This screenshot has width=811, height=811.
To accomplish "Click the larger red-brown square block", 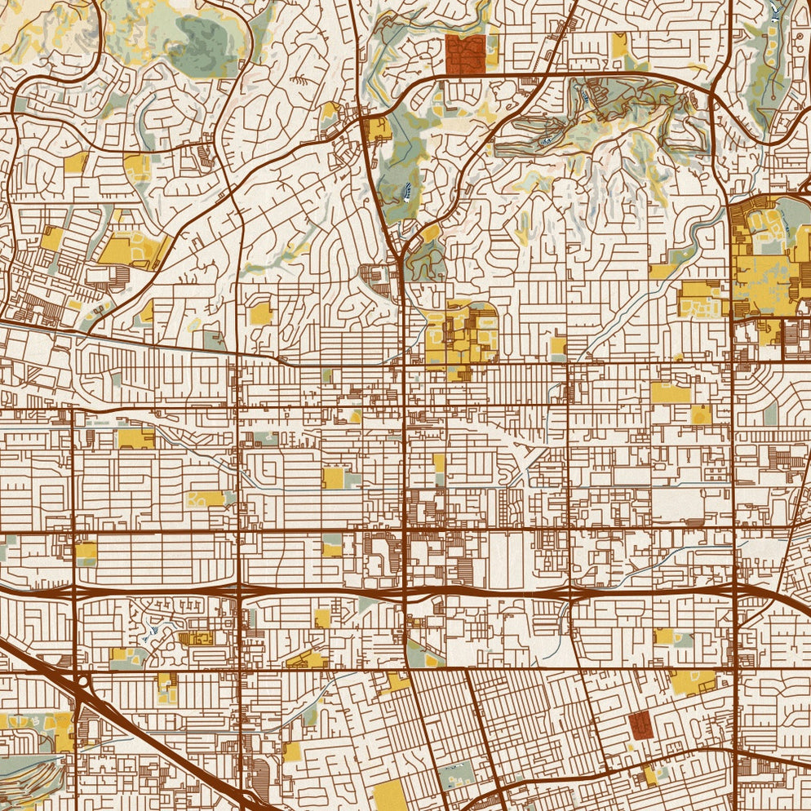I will [x=466, y=54].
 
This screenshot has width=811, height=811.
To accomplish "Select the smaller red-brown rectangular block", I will [x=639, y=725].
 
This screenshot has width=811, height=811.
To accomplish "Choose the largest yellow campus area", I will [x=763, y=261].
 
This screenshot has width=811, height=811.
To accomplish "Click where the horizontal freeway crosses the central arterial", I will [x=405, y=589].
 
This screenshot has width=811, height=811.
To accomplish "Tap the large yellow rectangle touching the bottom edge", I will [x=389, y=795].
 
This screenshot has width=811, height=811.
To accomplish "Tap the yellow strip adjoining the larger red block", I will [x=492, y=49].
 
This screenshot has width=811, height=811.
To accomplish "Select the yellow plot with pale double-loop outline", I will [x=204, y=498].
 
